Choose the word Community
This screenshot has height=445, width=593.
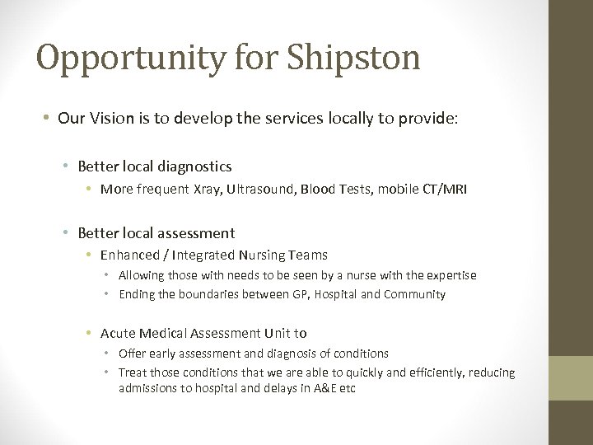[x=415, y=294]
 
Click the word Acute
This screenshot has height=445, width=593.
[x=118, y=333]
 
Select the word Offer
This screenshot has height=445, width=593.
[x=133, y=354]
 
